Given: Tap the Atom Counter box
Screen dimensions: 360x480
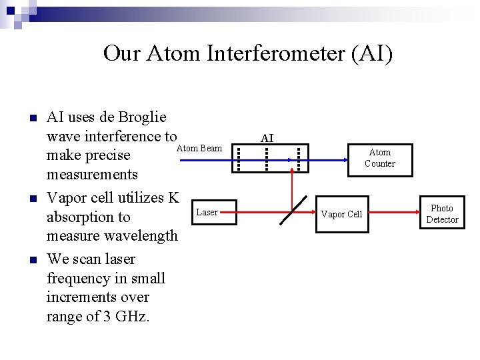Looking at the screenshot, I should tap(379, 159).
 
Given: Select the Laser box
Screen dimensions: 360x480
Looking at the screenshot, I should tap(207, 213).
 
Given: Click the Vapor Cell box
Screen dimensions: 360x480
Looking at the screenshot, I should tap(341, 215).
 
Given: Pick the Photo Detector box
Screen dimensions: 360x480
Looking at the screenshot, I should tap(442, 214).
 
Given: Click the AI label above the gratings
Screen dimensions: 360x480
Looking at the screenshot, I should tap(267, 139).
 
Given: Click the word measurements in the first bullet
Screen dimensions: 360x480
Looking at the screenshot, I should tap(92, 175).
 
